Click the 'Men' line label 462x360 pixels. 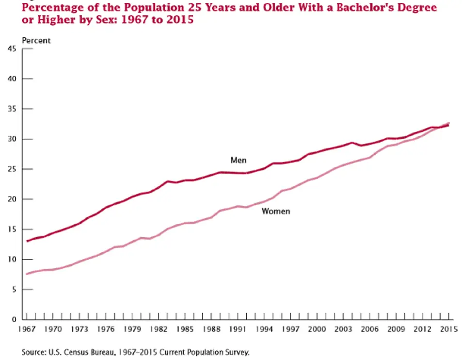click(238, 161)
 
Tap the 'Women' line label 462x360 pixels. click(276, 211)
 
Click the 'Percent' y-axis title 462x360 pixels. click(36, 41)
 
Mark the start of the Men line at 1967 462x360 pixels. click(27, 241)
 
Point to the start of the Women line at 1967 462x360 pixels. click(27, 274)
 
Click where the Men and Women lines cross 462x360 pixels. click(440, 127)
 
